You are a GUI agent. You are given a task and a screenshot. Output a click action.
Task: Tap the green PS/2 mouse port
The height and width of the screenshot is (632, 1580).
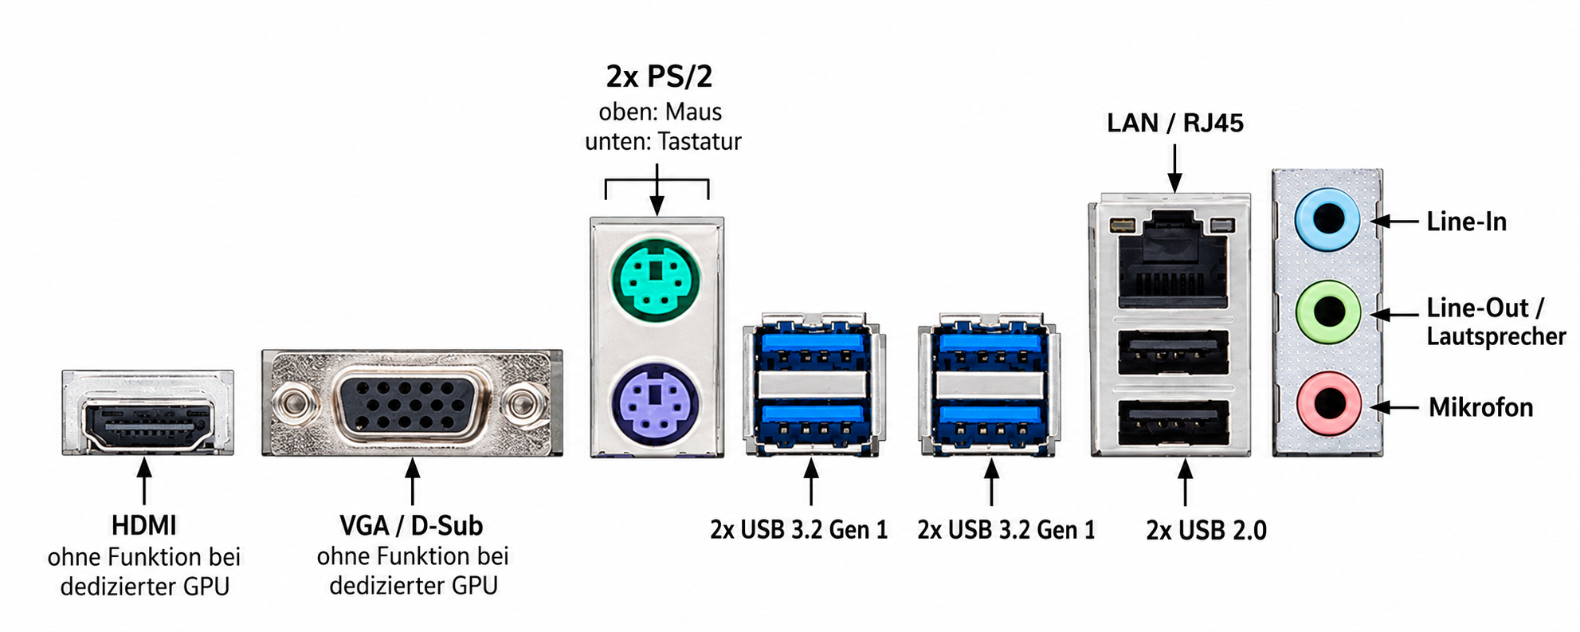(x=656, y=280)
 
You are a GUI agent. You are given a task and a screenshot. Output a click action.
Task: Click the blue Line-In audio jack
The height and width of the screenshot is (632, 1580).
(x=1327, y=219)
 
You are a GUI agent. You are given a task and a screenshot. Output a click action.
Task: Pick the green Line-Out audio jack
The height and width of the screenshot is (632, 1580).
(x=1327, y=312)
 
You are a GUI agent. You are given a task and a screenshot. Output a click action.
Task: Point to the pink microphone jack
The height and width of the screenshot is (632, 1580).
(x=1327, y=403)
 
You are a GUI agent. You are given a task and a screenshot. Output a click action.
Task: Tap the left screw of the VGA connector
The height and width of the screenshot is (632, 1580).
(x=291, y=403)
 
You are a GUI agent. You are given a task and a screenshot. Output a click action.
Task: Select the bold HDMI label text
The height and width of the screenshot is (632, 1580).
(x=144, y=526)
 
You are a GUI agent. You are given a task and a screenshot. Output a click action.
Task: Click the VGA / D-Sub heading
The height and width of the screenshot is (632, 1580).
(x=411, y=526)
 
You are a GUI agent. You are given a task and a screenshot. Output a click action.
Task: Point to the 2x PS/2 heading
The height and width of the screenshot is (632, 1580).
(x=659, y=77)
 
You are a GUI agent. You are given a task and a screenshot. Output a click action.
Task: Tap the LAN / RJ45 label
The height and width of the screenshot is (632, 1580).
(x=1175, y=123)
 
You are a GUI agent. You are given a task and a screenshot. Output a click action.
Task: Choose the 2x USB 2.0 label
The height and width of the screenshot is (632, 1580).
(x=1206, y=530)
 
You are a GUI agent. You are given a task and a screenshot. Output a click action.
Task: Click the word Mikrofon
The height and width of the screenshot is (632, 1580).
(x=1480, y=407)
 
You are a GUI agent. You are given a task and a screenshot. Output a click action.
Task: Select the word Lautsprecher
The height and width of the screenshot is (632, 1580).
(x=1496, y=336)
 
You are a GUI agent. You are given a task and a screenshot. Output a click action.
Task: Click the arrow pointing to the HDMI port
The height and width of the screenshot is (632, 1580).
(x=144, y=481)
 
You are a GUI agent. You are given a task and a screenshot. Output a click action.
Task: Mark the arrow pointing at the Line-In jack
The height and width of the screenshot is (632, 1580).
(x=1396, y=221)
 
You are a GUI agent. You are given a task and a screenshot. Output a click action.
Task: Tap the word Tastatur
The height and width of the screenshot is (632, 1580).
(x=700, y=142)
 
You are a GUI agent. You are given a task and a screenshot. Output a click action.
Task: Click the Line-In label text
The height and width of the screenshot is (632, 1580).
(x=1467, y=222)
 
